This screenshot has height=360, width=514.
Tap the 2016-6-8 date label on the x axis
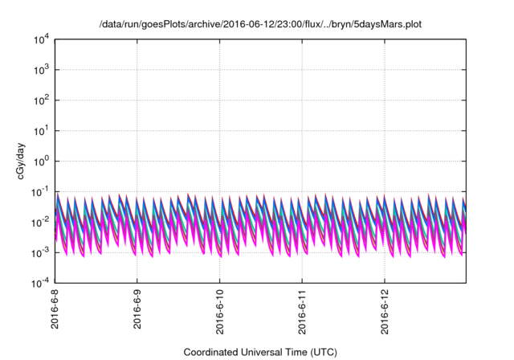click(x=55, y=313)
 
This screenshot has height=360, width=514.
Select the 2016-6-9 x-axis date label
click(x=137, y=313)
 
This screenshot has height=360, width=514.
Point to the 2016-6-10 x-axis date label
click(x=220, y=315)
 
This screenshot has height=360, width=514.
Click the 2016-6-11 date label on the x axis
click(x=303, y=315)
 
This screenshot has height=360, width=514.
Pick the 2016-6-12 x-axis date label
click(x=385, y=315)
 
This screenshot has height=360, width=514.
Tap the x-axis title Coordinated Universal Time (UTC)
click(x=260, y=352)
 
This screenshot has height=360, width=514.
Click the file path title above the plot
click(x=260, y=25)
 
